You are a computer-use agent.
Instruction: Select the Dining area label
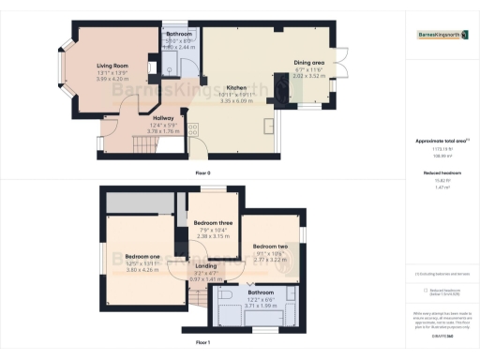[x=310, y=62]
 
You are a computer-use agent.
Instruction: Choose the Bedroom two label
[x=269, y=247]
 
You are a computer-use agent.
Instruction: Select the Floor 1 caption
[x=202, y=343]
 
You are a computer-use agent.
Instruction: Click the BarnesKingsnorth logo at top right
[x=444, y=35]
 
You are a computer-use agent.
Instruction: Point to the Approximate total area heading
[x=442, y=139]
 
